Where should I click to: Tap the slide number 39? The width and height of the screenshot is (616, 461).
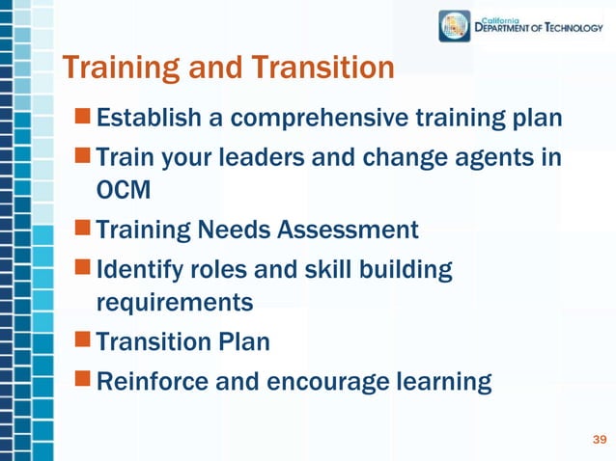click(x=599, y=441)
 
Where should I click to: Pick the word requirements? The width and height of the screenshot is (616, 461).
click(x=175, y=302)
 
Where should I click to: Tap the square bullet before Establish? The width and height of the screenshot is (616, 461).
click(x=85, y=119)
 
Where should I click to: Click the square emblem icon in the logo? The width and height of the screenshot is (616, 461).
click(x=455, y=26)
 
